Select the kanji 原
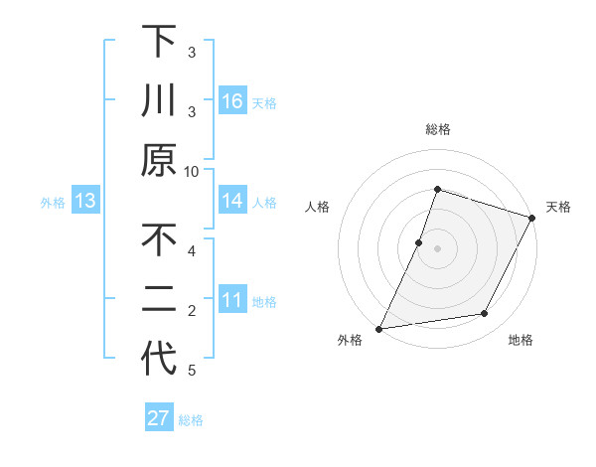click(159, 160)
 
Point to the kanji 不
click(159, 239)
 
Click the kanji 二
click(159, 299)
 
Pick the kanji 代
click(159, 359)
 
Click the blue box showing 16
click(232, 101)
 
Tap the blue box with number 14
click(232, 201)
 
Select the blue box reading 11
click(232, 300)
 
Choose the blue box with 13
click(85, 201)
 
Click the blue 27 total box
click(159, 418)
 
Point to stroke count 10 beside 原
click(192, 171)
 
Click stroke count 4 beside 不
click(192, 250)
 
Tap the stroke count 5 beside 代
click(192, 371)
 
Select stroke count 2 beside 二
click(192, 311)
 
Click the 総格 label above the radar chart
click(437, 129)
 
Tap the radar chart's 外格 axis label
click(350, 341)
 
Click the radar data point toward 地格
click(485, 314)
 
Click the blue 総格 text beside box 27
click(191, 420)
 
